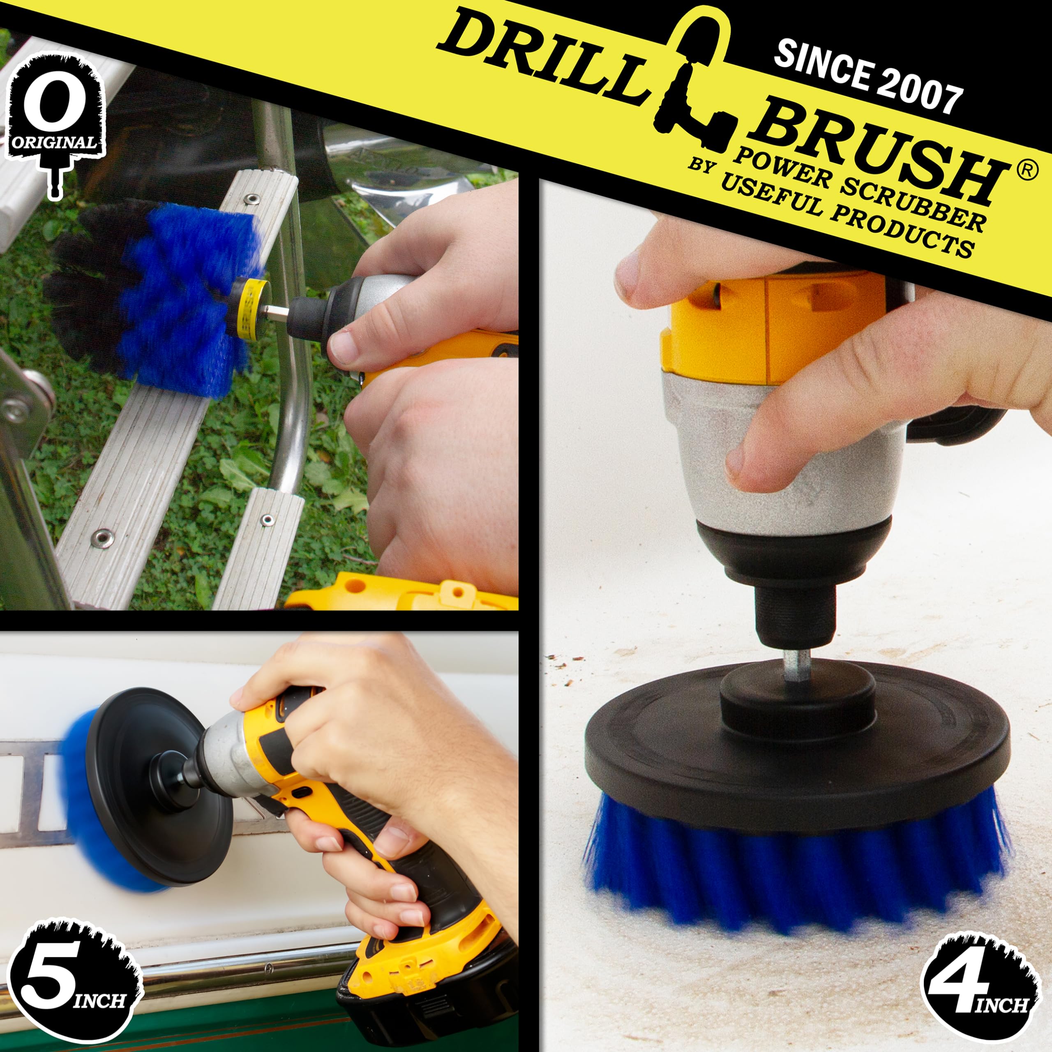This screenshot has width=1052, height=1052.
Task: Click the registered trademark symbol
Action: [1026, 171]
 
